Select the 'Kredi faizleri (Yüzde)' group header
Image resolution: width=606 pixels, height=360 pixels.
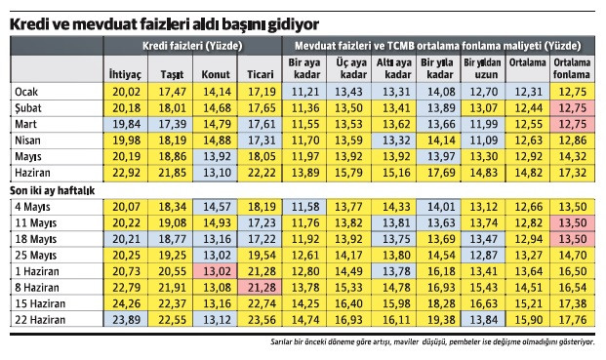click(191, 45)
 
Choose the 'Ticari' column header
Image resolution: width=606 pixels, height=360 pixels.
click(260, 74)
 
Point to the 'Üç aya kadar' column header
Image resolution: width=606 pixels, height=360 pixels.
click(350, 67)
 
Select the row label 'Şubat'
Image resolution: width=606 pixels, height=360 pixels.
click(30, 107)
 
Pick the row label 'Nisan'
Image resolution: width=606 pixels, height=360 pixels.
click(28, 140)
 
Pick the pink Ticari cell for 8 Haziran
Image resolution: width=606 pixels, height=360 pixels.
click(260, 286)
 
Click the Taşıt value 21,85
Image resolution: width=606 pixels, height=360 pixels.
click(171, 172)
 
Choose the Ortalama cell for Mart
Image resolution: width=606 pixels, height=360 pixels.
click(528, 124)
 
